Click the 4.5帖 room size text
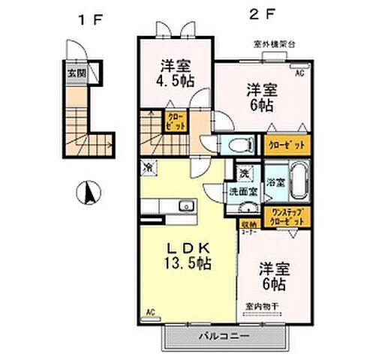(173, 76)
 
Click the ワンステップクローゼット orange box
(285, 218)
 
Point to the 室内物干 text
(261, 306)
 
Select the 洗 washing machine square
(245, 174)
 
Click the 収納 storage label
(247, 223)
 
